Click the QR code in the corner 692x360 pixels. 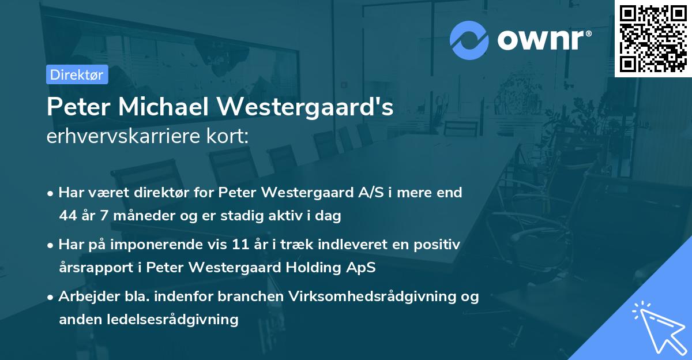point(653,38)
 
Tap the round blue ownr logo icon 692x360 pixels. point(469,40)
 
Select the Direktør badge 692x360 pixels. point(77,74)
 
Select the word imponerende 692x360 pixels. point(171,245)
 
